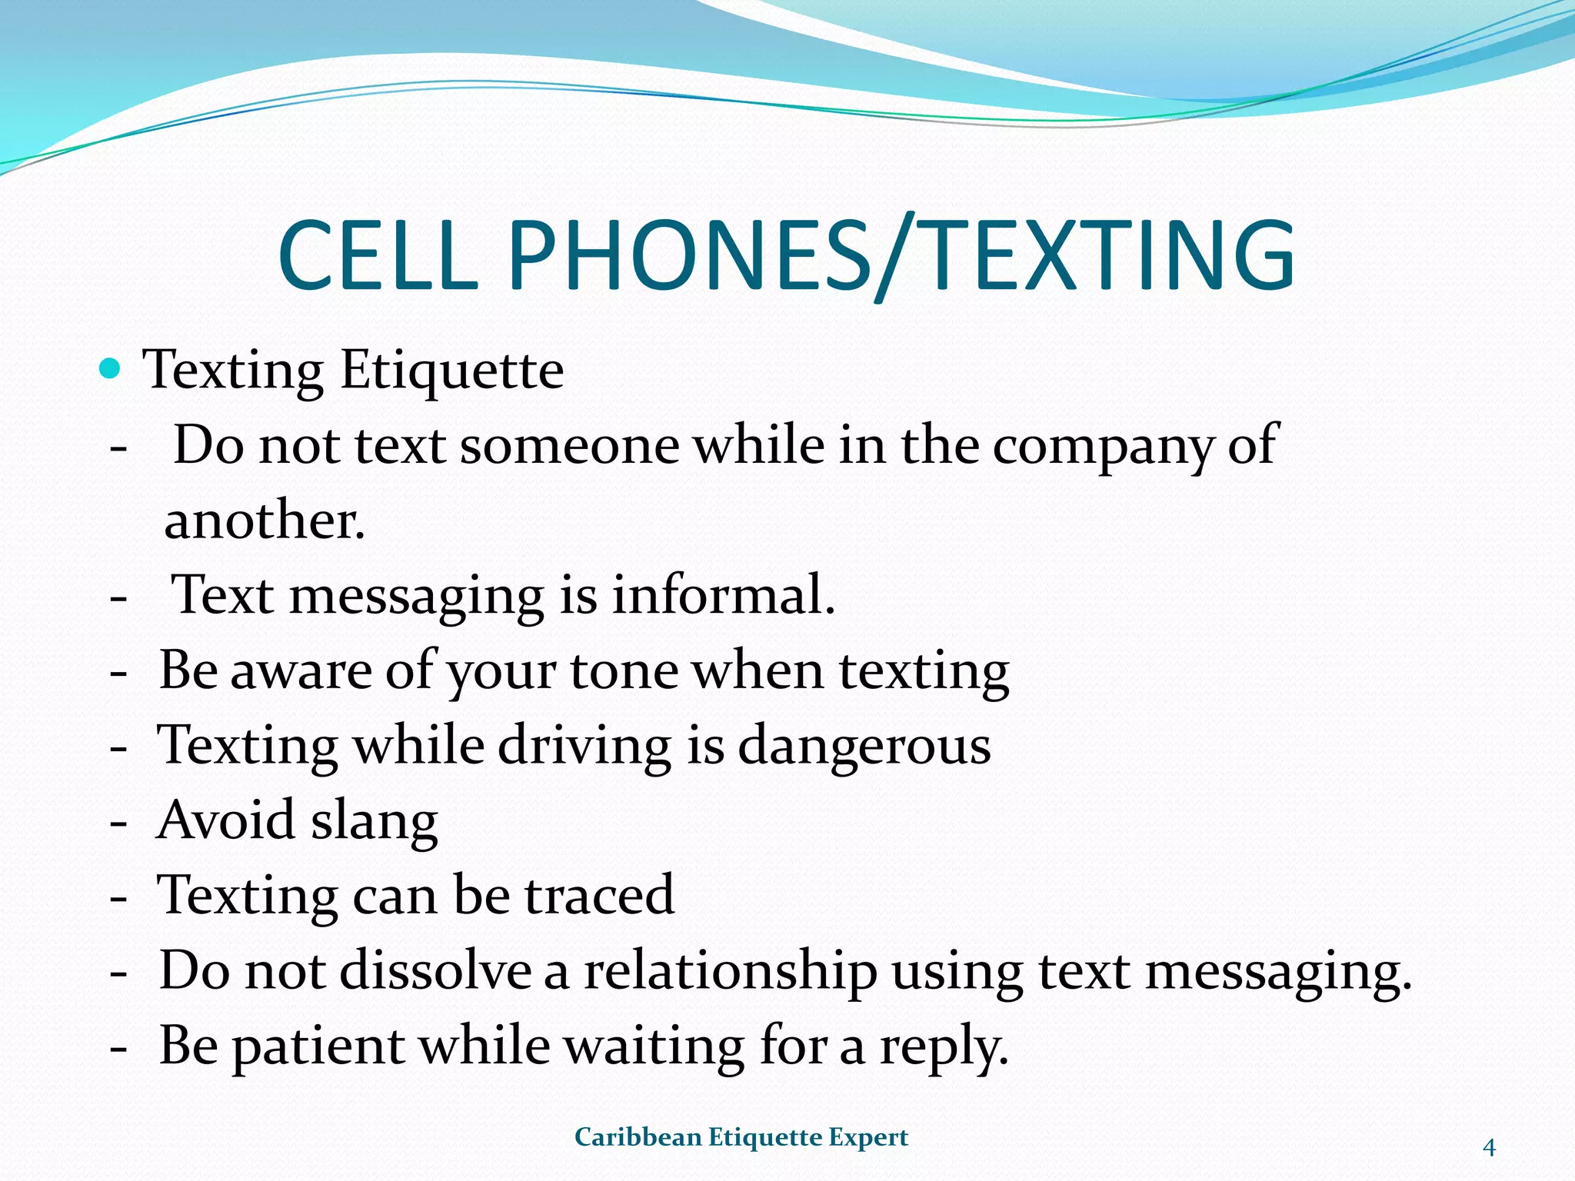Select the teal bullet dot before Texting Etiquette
coord(111,369)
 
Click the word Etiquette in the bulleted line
coord(451,371)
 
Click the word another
coord(265,521)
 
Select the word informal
coord(723,595)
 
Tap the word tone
coord(624,670)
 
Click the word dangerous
coord(864,747)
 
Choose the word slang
coord(375,821)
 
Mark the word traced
coord(599,895)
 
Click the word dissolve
coord(435,970)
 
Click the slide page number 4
coord(1489,1148)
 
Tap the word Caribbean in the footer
coord(637,1137)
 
